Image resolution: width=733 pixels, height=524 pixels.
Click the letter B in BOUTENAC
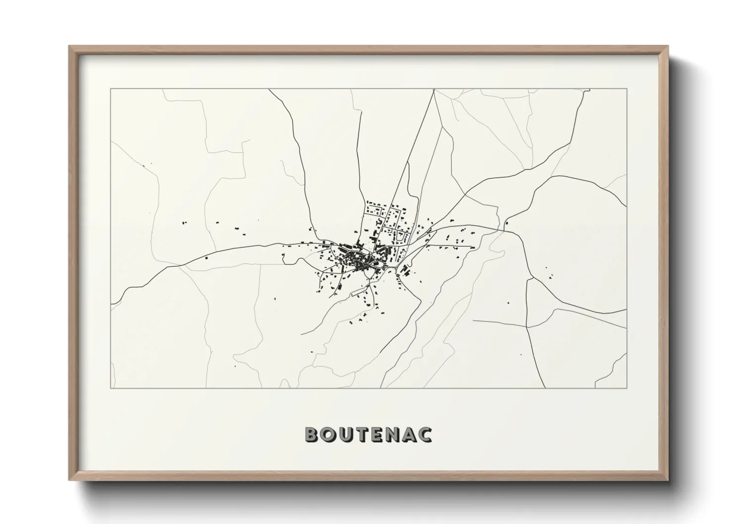click(x=312, y=434)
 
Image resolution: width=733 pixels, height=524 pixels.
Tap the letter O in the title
click(x=329, y=434)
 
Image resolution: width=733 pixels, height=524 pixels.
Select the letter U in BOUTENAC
click(x=347, y=434)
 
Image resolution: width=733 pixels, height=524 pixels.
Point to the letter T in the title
click(x=363, y=434)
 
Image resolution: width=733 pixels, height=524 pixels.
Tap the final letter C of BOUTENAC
click(x=426, y=434)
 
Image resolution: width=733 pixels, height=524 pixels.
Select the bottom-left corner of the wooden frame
click(x=69, y=480)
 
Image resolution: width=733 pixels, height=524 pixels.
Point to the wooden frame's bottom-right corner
click(x=668, y=480)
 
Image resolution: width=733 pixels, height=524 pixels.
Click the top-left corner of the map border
click(x=110, y=89)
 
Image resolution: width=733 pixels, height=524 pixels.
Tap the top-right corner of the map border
click(x=627, y=89)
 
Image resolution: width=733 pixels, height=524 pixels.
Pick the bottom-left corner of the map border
click(x=110, y=388)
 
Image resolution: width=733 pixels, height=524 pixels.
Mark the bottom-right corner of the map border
click(x=627, y=388)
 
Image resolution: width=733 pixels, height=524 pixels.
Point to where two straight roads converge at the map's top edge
click(x=434, y=90)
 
